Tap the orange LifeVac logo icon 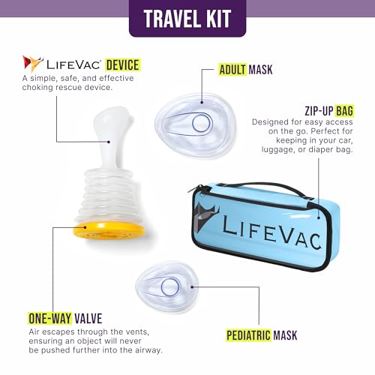(x=31, y=64)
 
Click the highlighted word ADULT (x=232, y=70)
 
